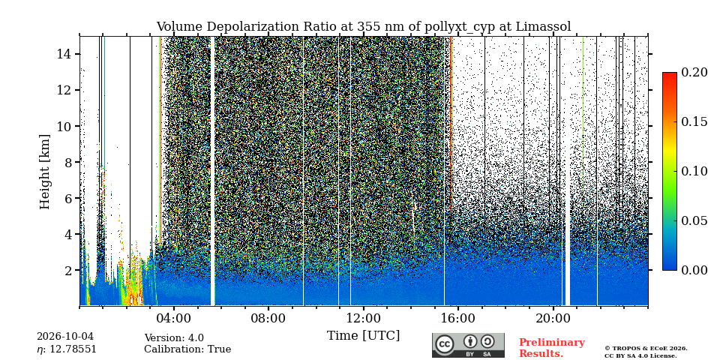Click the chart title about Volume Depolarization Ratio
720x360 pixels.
point(364,27)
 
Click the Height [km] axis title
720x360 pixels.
point(44,172)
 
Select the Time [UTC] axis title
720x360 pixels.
point(364,336)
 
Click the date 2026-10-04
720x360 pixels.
point(64,337)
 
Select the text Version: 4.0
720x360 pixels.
point(174,338)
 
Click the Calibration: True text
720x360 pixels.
point(187,349)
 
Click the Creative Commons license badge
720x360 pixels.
point(468,345)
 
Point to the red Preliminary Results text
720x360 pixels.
point(552,348)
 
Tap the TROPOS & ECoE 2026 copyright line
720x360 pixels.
point(646,349)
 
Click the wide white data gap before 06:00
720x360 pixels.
point(212,171)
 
